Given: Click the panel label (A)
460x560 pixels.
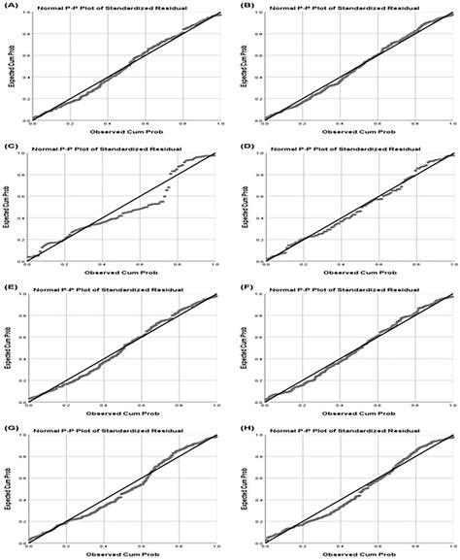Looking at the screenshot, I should pyautogui.click(x=13, y=5).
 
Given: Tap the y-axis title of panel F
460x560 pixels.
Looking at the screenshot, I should pyautogui.click(x=243, y=347).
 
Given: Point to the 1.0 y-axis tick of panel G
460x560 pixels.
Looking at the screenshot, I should pyautogui.click(x=25, y=436).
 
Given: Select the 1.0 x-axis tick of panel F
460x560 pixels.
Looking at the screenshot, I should pyautogui.click(x=452, y=404).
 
